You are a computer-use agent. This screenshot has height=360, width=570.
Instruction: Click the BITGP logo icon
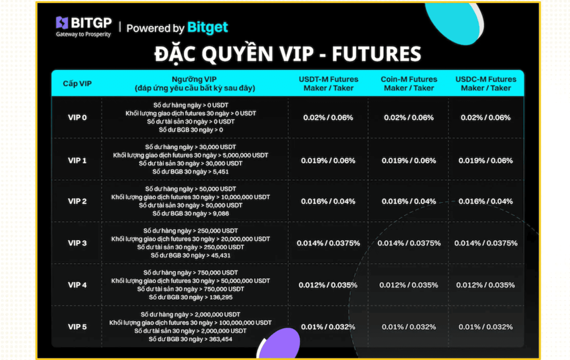62,23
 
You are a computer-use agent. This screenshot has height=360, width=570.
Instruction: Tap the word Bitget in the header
207,28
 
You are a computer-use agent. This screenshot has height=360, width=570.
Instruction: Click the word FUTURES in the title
377,54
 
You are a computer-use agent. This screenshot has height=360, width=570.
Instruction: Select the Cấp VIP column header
77,84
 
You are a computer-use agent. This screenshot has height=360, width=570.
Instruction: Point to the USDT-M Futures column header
328,84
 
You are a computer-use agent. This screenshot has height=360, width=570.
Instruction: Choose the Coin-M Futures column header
409,84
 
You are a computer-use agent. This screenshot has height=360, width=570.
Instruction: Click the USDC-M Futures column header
486,84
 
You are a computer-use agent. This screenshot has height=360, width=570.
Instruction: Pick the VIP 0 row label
77,117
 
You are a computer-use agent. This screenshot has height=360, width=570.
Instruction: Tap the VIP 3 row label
77,243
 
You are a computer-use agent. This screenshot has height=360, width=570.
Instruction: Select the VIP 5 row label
77,327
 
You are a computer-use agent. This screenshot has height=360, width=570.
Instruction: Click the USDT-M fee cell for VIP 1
328,161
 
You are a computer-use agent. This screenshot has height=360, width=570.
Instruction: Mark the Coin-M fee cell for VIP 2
409,201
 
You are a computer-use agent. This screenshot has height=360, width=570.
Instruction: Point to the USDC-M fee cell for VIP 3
486,243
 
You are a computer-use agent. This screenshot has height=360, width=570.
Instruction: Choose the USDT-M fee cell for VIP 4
328,285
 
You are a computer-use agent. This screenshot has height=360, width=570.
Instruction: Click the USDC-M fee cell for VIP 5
486,327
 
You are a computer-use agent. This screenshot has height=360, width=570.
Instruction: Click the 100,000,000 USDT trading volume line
191,323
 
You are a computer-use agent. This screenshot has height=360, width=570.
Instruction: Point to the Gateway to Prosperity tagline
83,34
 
